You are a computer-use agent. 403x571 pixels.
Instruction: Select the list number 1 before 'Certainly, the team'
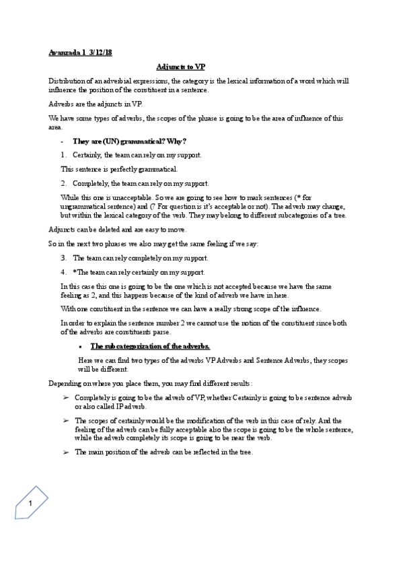tap(63, 155)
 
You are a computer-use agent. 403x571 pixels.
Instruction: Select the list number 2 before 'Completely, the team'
tap(63, 182)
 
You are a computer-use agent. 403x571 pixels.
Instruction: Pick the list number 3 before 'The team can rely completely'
tap(63, 258)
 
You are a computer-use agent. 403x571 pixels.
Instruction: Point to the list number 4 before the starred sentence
tap(63, 272)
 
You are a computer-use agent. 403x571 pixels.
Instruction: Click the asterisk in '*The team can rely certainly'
tap(74, 272)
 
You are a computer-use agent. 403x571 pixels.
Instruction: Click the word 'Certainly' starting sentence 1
tap(86, 155)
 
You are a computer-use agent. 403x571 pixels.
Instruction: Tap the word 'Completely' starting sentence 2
tap(88, 182)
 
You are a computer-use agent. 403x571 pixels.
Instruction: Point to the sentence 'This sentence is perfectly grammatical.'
tap(119, 168)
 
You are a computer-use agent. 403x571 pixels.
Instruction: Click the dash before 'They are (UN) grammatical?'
tap(63, 141)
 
